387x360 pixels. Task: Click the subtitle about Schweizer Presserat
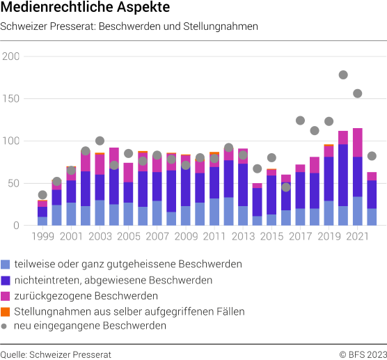pyautogui.click(x=129, y=27)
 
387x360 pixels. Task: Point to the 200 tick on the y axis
pyautogui.click(x=10, y=56)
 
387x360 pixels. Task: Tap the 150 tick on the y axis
pyautogui.click(x=10, y=99)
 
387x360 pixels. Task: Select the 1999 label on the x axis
pyautogui.click(x=42, y=236)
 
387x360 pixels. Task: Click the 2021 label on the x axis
pyautogui.click(x=357, y=236)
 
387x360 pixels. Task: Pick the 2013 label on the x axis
pyautogui.click(x=243, y=236)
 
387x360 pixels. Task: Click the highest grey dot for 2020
pyautogui.click(x=343, y=75)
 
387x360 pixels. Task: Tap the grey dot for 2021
pyautogui.click(x=357, y=93)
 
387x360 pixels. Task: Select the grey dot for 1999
pyautogui.click(x=42, y=195)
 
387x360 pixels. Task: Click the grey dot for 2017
pyautogui.click(x=300, y=120)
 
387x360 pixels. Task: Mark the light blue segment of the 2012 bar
pyautogui.click(x=228, y=212)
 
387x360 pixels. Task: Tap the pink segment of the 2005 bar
pyautogui.click(x=128, y=173)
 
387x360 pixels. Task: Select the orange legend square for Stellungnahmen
pyautogui.click(x=6, y=311)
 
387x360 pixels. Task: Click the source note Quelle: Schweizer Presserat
pyautogui.click(x=56, y=353)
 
